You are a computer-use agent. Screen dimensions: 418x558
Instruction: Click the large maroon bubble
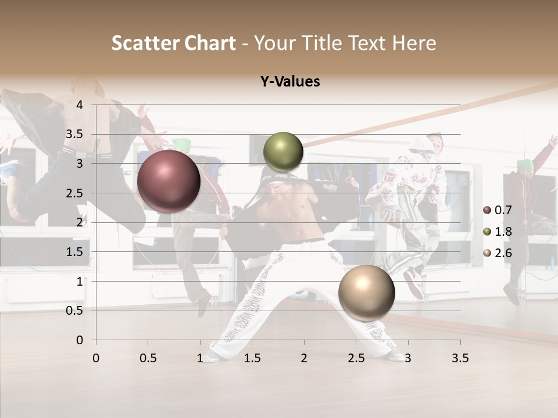click(x=169, y=181)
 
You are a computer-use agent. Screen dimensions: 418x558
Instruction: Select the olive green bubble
click(x=283, y=152)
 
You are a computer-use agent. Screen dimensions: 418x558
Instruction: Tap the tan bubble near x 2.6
click(x=366, y=293)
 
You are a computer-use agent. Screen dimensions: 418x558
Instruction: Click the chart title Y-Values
click(x=289, y=82)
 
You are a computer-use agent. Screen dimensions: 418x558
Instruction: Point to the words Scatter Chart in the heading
click(x=173, y=43)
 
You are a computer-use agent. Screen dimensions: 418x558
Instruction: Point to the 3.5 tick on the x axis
click(x=460, y=358)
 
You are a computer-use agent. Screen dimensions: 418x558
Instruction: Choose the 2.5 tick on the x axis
click(x=356, y=358)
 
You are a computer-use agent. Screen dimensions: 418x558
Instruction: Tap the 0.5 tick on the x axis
click(x=148, y=358)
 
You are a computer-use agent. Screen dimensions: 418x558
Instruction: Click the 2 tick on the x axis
click(x=304, y=358)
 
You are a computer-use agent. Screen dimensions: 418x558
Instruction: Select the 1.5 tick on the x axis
click(x=252, y=358)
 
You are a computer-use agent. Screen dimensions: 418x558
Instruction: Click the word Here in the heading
click(x=414, y=43)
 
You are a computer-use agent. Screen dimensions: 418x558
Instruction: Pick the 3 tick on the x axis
click(x=408, y=358)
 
